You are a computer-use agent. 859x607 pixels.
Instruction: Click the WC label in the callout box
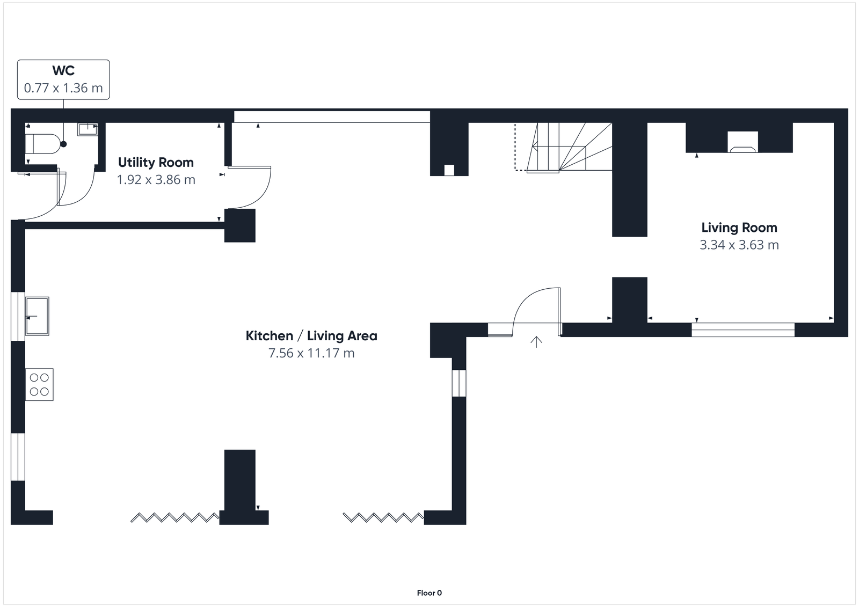pos(63,70)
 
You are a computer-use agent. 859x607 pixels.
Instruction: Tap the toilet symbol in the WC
pos(42,144)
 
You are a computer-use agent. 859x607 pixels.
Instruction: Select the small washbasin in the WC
pos(88,129)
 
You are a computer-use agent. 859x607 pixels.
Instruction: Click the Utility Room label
pos(156,162)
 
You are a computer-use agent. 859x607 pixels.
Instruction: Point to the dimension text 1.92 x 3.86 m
pos(156,180)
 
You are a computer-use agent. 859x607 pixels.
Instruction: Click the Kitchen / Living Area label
pos(311,336)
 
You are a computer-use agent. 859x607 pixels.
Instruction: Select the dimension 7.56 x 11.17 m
pos(311,353)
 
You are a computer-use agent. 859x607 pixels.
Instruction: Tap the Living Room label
pos(739,228)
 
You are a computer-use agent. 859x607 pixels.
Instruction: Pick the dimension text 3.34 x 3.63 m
pos(739,245)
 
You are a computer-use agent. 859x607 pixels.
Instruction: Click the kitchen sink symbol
pos(37,316)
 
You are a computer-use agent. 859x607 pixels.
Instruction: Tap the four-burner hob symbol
pos(39,384)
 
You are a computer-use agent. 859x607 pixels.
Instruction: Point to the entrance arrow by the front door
pos(536,341)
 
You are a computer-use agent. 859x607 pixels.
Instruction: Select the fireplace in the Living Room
pos(743,142)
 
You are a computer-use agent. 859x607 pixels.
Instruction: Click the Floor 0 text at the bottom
pos(429,593)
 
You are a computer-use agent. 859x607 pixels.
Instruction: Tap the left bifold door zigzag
pos(174,517)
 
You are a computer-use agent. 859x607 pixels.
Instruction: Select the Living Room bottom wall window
pos(743,330)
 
